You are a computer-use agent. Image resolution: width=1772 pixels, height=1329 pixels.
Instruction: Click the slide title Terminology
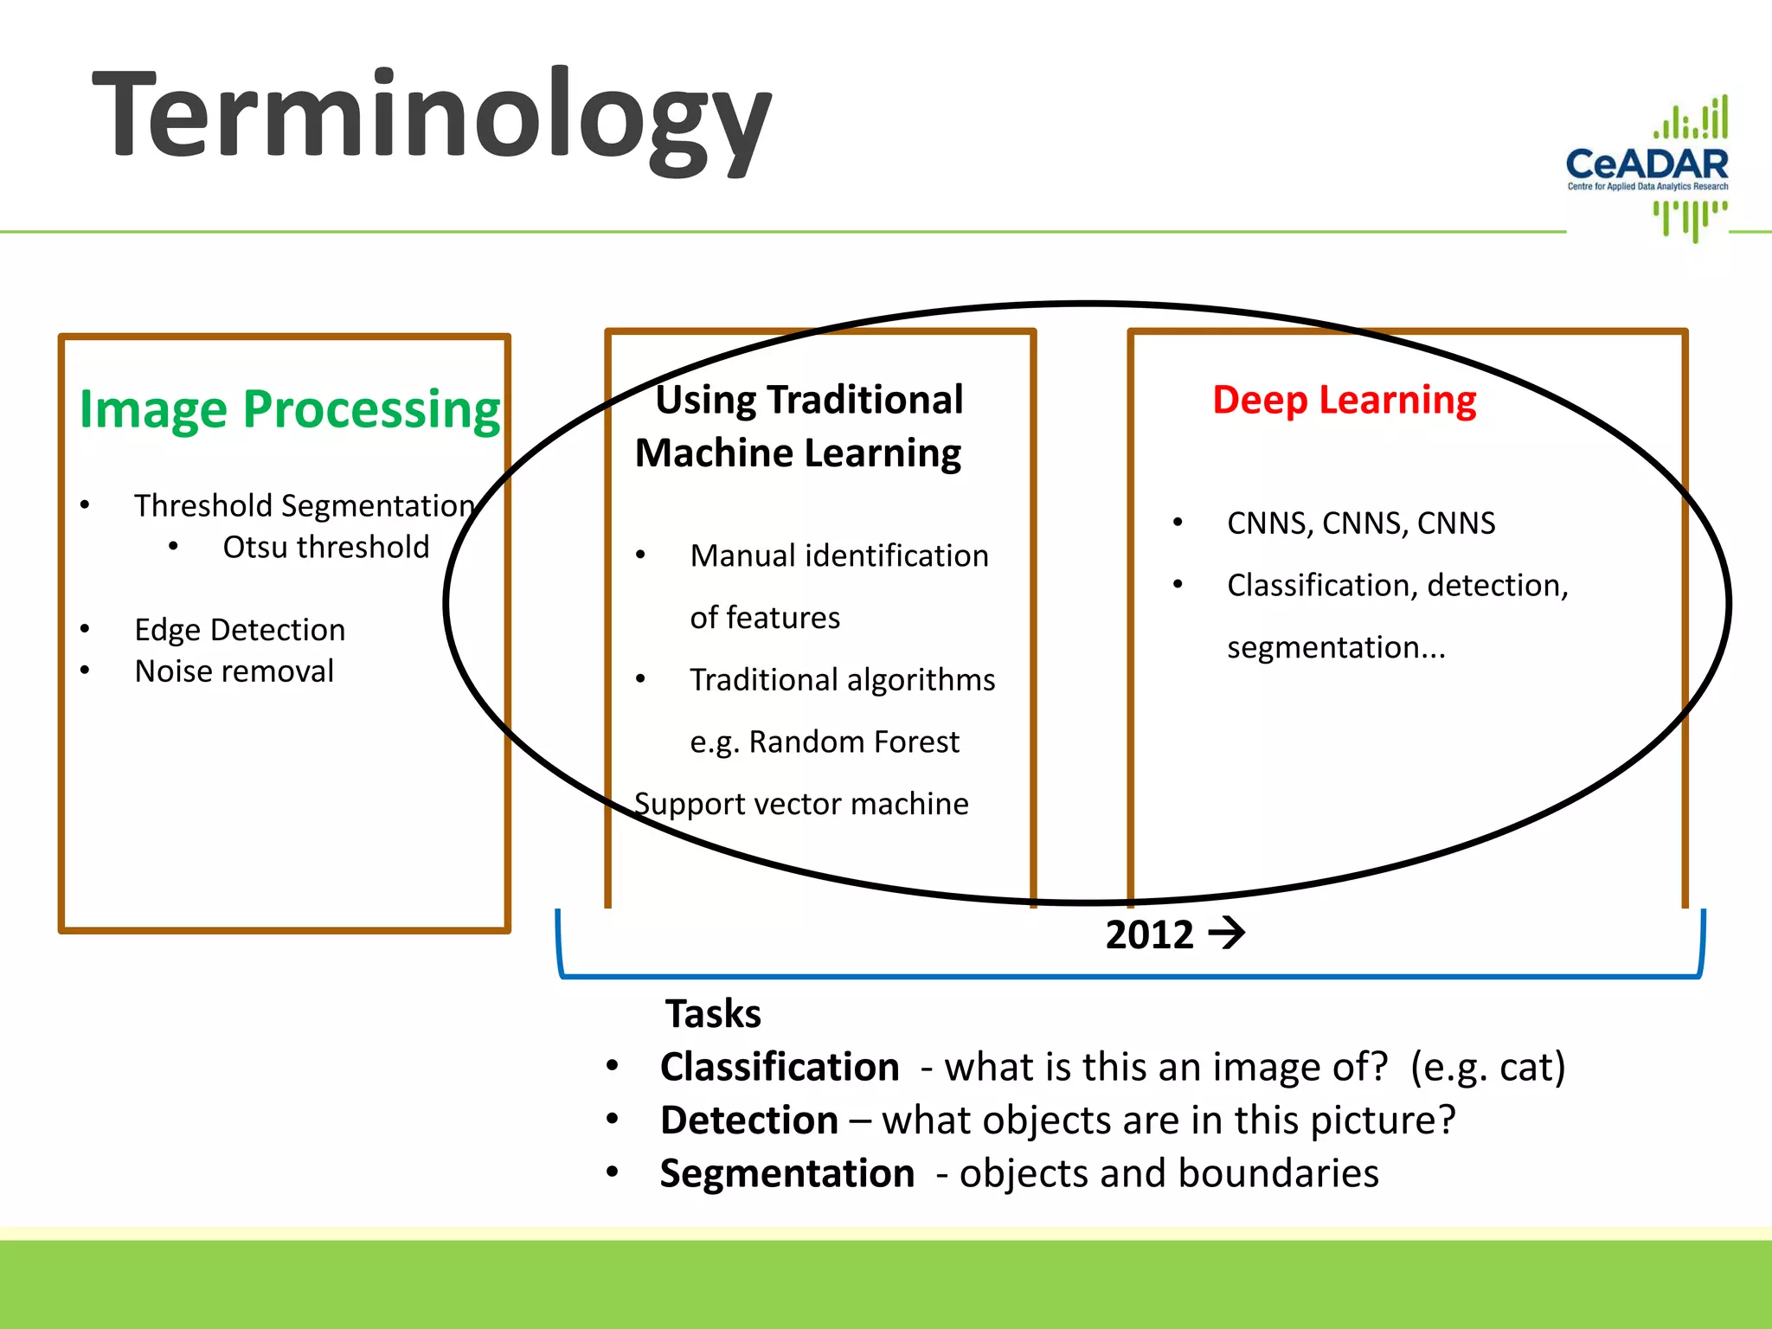coord(430,117)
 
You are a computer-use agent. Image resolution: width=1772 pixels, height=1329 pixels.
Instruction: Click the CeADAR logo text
coord(1647,164)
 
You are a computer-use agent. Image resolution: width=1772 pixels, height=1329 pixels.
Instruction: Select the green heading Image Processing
coord(289,409)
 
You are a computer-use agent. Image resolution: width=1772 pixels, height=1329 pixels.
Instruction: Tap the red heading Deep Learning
coord(1344,400)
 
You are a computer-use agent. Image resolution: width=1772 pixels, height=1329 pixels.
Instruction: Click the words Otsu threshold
coord(325,548)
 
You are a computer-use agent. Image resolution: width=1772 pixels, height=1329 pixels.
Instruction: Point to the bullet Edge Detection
coord(240,630)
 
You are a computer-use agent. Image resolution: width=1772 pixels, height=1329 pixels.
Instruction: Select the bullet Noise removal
coord(234,671)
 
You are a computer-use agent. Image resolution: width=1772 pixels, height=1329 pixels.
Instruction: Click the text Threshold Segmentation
coord(304,506)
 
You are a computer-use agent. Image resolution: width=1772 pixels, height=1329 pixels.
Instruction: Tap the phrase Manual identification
coord(838,556)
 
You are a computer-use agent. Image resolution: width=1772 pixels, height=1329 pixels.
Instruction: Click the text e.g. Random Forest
coord(824,742)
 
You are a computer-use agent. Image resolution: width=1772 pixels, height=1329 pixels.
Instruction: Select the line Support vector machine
coord(801,805)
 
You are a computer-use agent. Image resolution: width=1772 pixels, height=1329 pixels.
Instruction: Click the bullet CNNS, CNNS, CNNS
coord(1360,523)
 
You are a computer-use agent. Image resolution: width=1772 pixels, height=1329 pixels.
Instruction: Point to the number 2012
coord(1149,934)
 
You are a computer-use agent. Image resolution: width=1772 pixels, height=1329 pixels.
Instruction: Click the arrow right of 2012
coord(1226,934)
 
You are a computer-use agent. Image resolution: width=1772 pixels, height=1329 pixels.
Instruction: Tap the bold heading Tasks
coord(712,1014)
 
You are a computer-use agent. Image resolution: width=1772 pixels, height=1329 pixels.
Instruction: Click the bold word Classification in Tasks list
coord(779,1067)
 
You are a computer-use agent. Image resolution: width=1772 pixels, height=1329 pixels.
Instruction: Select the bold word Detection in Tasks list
coord(748,1120)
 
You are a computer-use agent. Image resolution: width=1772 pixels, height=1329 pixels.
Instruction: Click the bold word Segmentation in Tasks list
coord(786,1174)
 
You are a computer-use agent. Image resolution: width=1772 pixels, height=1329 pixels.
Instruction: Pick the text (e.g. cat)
coord(1487,1067)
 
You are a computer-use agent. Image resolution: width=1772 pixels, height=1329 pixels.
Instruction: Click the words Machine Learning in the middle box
coord(797,453)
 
